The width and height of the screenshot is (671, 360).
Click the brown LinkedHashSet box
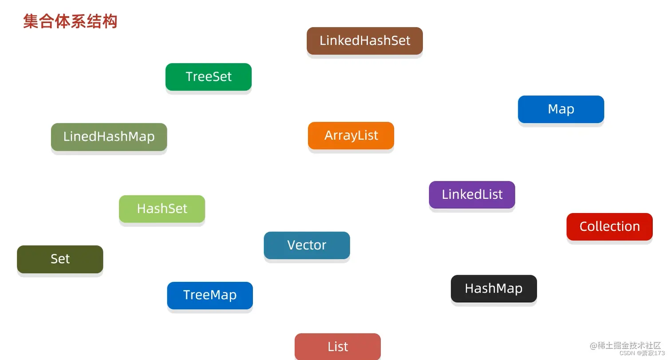(364, 41)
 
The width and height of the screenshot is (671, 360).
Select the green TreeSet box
(209, 77)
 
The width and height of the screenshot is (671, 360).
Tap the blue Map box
(561, 109)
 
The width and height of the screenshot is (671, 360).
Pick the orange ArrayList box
(351, 135)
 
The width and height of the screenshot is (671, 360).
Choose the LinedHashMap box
(109, 137)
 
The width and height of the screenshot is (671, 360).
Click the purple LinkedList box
(472, 194)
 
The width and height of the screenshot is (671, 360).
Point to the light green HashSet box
(162, 209)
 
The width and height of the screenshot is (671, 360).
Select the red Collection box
(609, 227)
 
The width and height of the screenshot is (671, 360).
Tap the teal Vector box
(307, 245)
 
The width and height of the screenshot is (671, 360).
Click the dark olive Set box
(60, 259)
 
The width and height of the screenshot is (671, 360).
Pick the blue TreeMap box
(209, 295)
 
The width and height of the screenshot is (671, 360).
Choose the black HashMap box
(493, 289)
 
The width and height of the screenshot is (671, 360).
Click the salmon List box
(338, 347)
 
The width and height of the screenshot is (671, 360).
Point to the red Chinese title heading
(70, 21)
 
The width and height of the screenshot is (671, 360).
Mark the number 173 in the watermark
(659, 353)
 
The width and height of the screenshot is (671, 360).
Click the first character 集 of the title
(31, 21)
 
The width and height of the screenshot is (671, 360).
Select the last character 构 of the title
(110, 21)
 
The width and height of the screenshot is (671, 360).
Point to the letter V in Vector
(292, 245)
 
